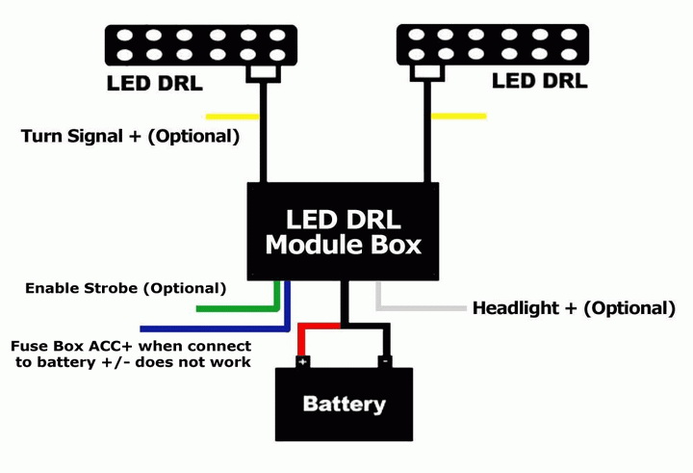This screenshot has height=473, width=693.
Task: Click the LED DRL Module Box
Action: click(343, 231)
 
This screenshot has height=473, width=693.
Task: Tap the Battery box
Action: click(344, 404)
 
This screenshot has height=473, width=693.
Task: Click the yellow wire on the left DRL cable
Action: click(233, 117)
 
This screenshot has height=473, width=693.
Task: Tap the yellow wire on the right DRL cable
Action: click(459, 117)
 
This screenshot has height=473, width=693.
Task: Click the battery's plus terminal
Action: click(303, 362)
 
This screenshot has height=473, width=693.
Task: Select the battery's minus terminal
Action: click(385, 362)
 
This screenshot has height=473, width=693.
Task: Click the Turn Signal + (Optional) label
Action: click(130, 136)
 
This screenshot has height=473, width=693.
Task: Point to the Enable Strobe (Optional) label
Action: click(125, 288)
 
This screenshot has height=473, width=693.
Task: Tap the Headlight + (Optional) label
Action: click(574, 308)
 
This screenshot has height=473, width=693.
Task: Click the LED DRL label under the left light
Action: click(155, 83)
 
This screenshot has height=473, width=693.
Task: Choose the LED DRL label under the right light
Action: click(540, 81)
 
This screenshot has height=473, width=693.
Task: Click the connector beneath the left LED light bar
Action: click(263, 74)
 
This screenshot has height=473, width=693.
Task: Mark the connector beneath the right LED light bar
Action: click(427, 73)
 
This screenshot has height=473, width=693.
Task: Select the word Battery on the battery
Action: click(345, 405)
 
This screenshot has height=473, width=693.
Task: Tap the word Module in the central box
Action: click(313, 245)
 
